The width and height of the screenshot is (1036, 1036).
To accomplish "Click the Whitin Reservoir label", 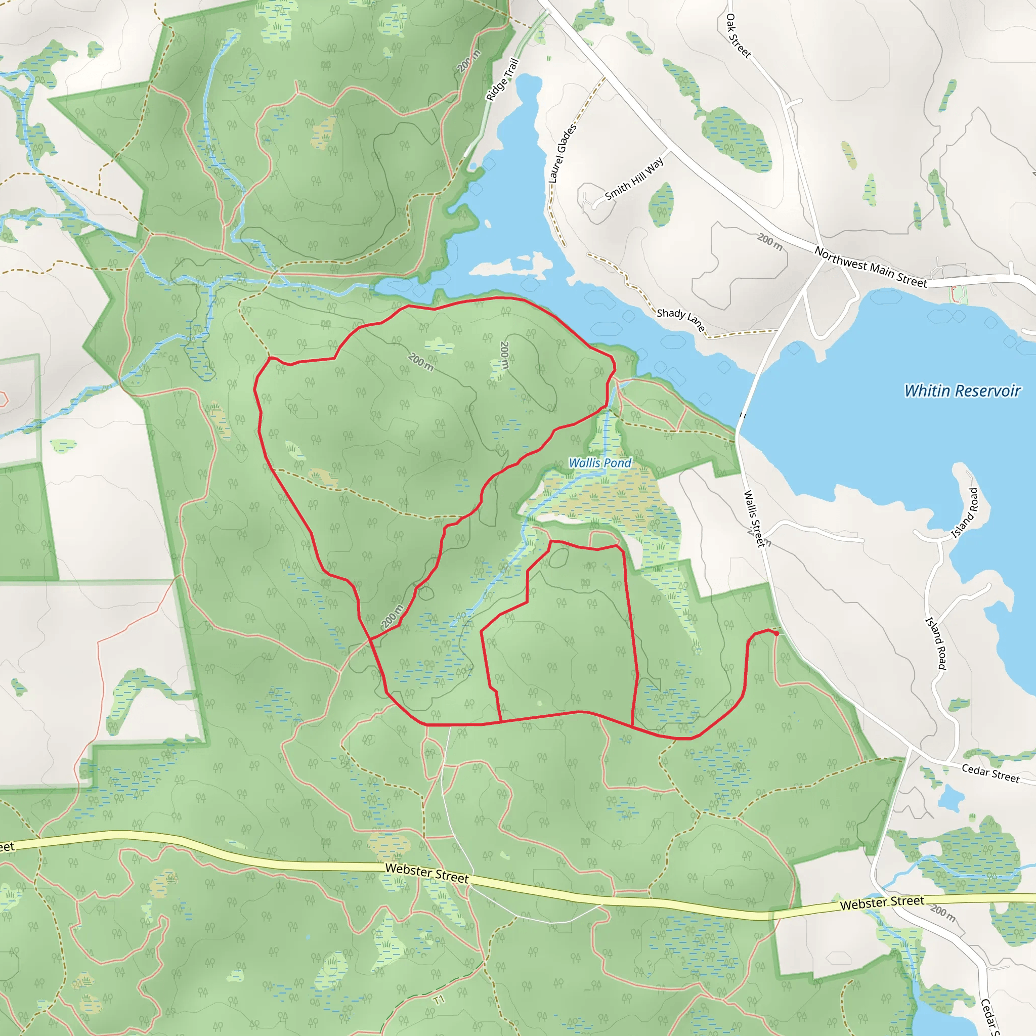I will click(x=962, y=391).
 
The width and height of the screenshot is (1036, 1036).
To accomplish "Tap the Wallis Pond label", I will click(x=600, y=462).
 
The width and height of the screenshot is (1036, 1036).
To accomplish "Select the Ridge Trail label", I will click(x=502, y=79).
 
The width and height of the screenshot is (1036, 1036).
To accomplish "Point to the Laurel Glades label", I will click(x=563, y=153).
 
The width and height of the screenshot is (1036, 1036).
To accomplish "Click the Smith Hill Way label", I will click(x=634, y=179).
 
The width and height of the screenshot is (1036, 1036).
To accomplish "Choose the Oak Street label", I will click(x=738, y=35).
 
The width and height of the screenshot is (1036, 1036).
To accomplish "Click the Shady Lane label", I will click(x=680, y=320).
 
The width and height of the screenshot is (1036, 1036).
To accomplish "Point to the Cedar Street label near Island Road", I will click(x=990, y=773).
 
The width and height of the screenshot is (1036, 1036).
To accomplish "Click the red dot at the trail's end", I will click(x=776, y=633).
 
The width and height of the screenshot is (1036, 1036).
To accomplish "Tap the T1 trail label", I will click(x=439, y=1001).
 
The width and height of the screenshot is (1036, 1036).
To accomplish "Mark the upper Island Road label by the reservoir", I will click(x=965, y=513).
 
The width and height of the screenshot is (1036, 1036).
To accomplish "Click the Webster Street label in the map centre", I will click(x=427, y=873).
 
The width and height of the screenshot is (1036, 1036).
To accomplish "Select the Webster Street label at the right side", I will click(x=882, y=903).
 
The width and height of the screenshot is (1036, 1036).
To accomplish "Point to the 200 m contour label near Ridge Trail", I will click(x=469, y=61).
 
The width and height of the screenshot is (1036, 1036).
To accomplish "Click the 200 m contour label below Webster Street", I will click(x=943, y=914).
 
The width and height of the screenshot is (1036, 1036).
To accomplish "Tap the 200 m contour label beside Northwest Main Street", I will click(x=769, y=242).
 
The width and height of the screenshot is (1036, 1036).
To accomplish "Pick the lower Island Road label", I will click(x=936, y=643).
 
